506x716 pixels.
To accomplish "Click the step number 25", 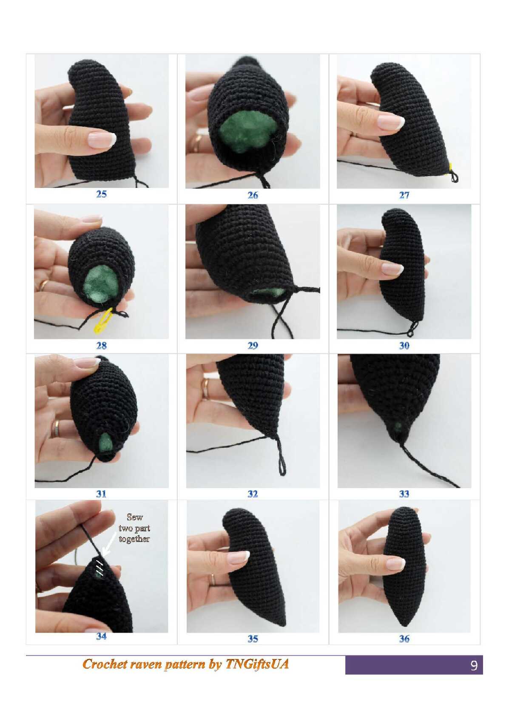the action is [x=101, y=194].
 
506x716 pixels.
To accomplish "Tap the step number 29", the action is [x=253, y=346].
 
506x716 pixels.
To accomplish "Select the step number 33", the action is [x=404, y=494].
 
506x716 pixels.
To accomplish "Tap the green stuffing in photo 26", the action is [x=248, y=132].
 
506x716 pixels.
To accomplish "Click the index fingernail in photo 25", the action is [x=102, y=140].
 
